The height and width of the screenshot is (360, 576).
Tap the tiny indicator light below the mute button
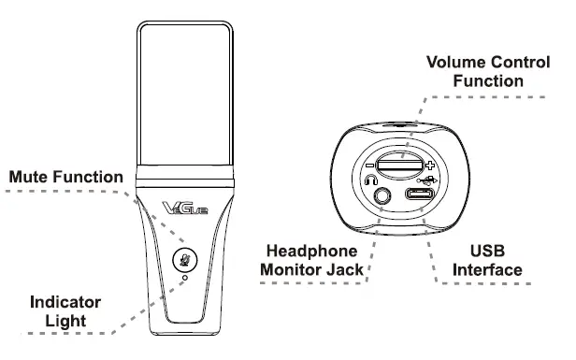tap(185, 278)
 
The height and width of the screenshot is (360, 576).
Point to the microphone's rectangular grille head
tap(183, 94)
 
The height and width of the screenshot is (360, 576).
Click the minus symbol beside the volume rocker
tap(370, 161)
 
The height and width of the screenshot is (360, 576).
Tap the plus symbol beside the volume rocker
tap(429, 162)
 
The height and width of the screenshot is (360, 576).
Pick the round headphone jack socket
tap(383, 197)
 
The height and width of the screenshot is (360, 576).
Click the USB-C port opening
tap(417, 197)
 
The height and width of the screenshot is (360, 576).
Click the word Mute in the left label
tap(31, 177)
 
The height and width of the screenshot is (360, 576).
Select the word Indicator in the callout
tap(65, 303)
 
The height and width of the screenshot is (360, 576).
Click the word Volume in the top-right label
tap(454, 63)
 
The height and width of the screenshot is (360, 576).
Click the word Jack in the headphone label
tap(343, 270)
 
